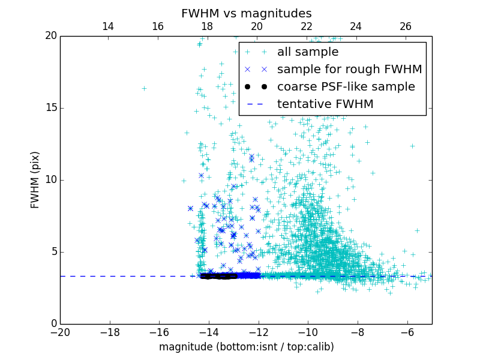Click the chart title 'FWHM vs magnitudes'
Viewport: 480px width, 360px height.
pyautogui.click(x=246, y=13)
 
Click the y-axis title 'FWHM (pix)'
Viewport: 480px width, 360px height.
pyautogui.click(x=35, y=179)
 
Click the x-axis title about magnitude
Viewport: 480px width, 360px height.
pyautogui.click(x=246, y=347)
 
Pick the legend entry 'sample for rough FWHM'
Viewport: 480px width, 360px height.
pyautogui.click(x=349, y=69)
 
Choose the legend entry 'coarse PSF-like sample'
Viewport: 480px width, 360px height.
pyautogui.click(x=341, y=86)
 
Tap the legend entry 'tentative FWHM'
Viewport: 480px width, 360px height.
pyautogui.click(x=325, y=104)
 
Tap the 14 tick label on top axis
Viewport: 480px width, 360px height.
pyautogui.click(x=108, y=26)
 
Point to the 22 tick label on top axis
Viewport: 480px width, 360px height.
pyautogui.click(x=307, y=26)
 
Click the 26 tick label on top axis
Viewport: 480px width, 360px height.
pyautogui.click(x=406, y=26)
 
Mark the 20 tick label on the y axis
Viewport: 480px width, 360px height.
pyautogui.click(x=50, y=36)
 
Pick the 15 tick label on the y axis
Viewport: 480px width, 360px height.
pyautogui.click(x=50, y=108)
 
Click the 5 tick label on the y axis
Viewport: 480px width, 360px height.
pyautogui.click(x=53, y=252)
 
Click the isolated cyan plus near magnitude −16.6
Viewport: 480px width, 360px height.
pyautogui.click(x=144, y=88)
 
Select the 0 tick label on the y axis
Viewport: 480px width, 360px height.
pyautogui.click(x=53, y=324)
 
